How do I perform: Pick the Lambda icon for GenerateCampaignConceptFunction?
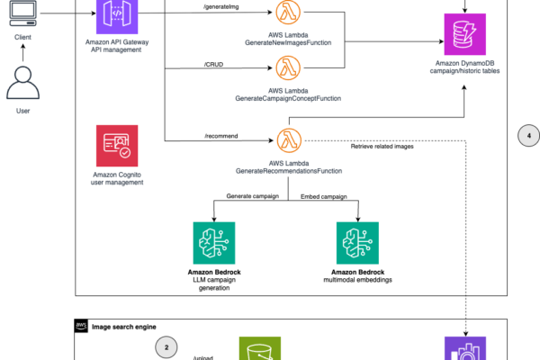pos(288,67)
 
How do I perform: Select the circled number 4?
pos(530,137)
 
